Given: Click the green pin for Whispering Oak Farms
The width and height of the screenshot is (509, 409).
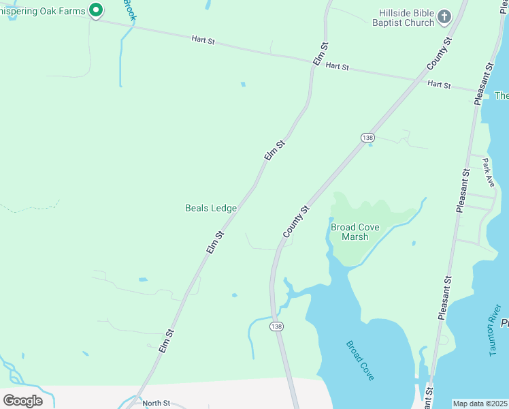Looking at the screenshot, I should point(96,10).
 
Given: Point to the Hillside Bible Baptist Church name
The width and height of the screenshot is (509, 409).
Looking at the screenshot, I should point(406,18).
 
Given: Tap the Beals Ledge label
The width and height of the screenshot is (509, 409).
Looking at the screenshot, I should point(211,208).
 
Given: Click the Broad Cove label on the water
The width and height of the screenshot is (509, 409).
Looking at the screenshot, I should point(360,361).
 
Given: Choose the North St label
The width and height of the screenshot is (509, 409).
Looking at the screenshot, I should point(156,403).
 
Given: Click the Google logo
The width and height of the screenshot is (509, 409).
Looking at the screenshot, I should point(22,400).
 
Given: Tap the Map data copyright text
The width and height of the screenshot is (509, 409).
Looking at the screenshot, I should point(480,404).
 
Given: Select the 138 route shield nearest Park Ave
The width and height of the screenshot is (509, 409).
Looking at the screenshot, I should point(367,138).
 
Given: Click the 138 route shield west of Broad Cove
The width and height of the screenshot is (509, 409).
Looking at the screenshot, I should point(276,327).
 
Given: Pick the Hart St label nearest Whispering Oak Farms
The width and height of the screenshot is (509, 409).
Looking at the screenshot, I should point(203,42).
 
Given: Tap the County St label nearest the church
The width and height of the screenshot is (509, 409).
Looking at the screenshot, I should point(439,53).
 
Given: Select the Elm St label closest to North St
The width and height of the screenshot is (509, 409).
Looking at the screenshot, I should point(167,341).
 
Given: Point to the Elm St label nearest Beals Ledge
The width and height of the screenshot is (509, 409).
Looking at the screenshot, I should point(215,243).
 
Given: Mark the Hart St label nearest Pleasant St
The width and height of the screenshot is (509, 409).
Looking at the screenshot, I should point(439,85).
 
